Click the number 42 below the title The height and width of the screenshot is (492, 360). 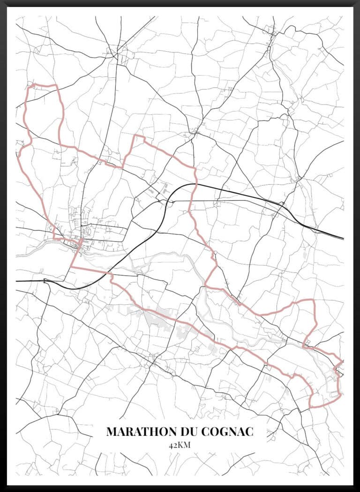(172, 445)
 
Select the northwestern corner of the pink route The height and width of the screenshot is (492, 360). (31, 86)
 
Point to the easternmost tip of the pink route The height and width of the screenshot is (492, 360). (341, 363)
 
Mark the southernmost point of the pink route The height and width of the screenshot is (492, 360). (311, 406)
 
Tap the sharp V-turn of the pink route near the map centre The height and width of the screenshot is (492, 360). (206, 285)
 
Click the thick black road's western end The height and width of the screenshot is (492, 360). (16, 281)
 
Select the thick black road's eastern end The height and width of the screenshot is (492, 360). (344, 238)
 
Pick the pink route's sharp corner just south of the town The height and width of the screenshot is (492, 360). (71, 267)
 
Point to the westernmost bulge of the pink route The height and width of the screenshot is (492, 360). (18, 155)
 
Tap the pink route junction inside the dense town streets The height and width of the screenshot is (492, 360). (81, 242)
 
